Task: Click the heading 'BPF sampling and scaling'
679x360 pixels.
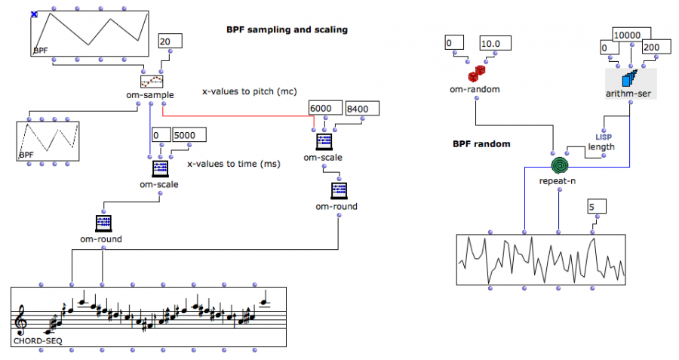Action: [287, 30]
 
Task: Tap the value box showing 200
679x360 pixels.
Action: [654, 48]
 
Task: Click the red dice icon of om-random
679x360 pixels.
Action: [476, 74]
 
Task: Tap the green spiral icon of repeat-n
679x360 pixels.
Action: [558, 165]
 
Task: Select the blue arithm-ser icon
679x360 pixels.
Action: [631, 78]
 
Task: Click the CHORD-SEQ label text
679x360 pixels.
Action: [37, 341]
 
